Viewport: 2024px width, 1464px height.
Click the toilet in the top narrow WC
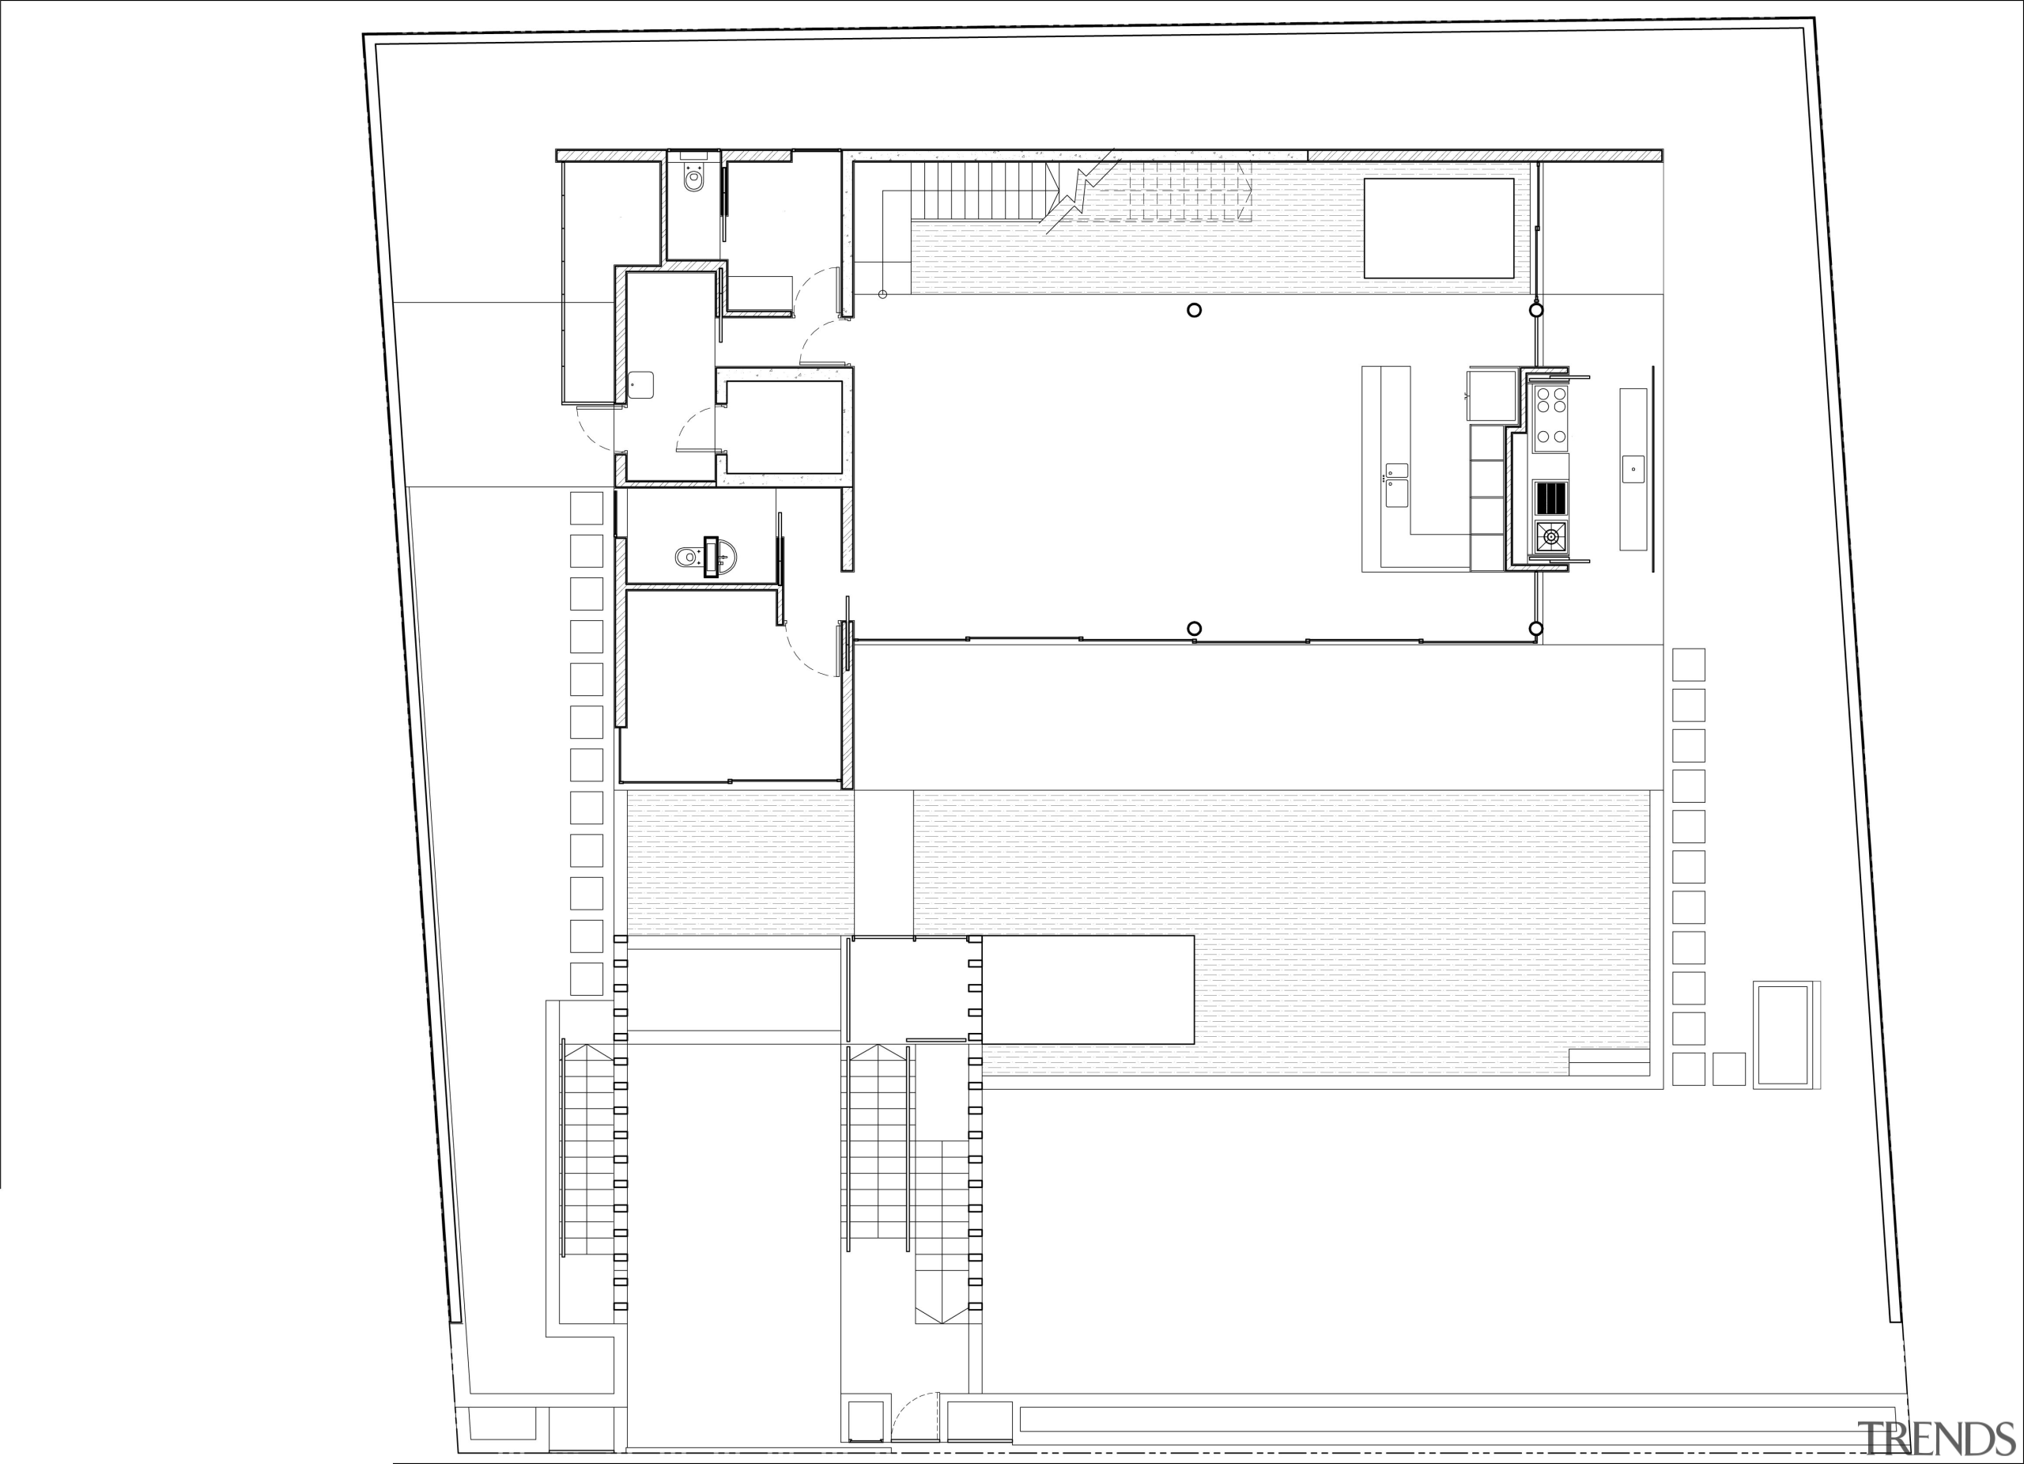pyautogui.click(x=693, y=180)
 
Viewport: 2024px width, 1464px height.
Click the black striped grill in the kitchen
pyautogui.click(x=1551, y=497)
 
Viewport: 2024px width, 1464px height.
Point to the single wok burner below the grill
pyautogui.click(x=1551, y=536)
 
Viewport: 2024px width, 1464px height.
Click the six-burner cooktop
pyautogui.click(x=1551, y=416)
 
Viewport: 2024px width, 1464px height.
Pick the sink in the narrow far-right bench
pyautogui.click(x=1632, y=469)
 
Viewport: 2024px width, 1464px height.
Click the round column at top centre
pyautogui.click(x=1194, y=311)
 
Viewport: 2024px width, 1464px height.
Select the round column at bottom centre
pyautogui.click(x=1194, y=629)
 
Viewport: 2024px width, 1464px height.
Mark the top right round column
pyautogui.click(x=1536, y=311)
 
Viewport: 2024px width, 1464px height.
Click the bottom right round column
pyautogui.click(x=1536, y=629)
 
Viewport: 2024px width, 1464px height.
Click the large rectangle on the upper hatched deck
pyautogui.click(x=1439, y=229)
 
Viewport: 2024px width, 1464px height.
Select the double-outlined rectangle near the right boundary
pyautogui.click(x=1781, y=1035)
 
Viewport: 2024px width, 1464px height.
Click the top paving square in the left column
pyautogui.click(x=587, y=508)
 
